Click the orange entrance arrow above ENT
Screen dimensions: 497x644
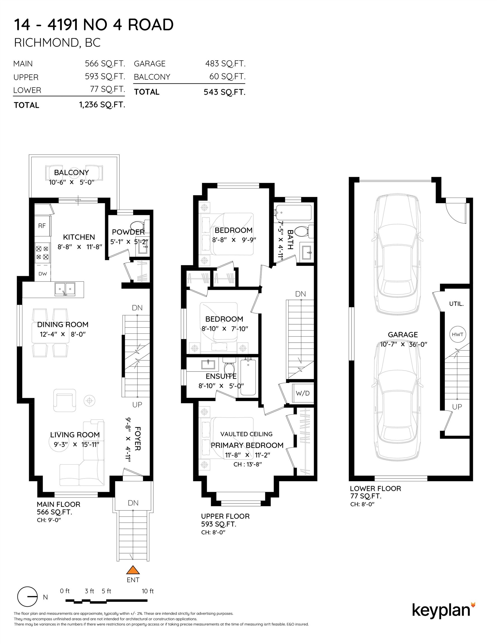click(x=133, y=569)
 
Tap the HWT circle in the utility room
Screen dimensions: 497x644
click(x=458, y=334)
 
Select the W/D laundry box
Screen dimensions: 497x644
click(x=303, y=393)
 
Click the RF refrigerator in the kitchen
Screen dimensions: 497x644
click(x=42, y=226)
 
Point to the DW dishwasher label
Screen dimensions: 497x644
click(x=43, y=274)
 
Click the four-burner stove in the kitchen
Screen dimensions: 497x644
click(x=42, y=253)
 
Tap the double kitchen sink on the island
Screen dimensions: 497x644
click(x=65, y=289)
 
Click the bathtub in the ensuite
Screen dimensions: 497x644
click(x=248, y=377)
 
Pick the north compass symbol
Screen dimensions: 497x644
click(x=28, y=597)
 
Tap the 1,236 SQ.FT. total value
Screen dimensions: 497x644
click(x=102, y=105)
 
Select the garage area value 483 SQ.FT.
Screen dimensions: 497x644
click(x=225, y=63)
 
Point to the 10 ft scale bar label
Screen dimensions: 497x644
click(x=148, y=591)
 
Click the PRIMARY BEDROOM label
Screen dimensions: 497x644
click(x=247, y=445)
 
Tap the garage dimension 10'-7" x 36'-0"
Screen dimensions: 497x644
click(x=403, y=344)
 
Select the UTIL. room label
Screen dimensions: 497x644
click(x=456, y=304)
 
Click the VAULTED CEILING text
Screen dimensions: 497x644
click(x=246, y=434)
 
